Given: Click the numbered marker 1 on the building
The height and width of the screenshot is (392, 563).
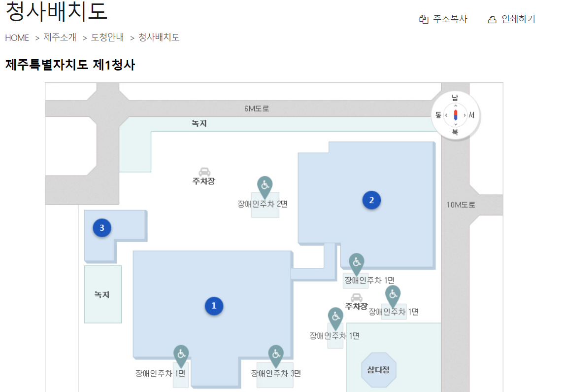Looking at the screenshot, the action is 214,306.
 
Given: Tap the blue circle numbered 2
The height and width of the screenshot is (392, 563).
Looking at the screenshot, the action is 371,200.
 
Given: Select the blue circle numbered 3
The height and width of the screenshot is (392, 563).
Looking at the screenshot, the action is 102,228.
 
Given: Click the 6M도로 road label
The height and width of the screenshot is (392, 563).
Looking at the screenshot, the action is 257,108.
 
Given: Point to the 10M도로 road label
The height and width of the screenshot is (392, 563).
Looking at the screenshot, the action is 461,205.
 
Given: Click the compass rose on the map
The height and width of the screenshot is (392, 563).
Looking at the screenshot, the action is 455,115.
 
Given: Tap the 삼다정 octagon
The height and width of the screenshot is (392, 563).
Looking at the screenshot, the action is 378,369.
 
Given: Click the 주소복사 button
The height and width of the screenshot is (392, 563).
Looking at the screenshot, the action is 443,19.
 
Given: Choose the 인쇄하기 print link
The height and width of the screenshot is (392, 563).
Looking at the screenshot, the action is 511,19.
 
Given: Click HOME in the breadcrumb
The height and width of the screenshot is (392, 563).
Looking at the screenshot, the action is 17,37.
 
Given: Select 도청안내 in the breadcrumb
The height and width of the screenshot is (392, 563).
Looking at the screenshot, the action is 107,37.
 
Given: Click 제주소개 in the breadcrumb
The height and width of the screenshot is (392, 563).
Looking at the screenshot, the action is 60,37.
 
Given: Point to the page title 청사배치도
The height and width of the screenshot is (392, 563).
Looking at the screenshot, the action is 56,12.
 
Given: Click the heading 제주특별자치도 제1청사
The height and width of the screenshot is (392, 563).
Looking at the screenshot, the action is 70,65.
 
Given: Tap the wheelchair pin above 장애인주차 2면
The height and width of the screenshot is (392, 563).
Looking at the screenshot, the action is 265,185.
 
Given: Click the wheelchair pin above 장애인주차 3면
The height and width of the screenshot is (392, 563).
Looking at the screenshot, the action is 276,354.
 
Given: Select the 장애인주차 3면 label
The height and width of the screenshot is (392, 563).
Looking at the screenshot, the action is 276,373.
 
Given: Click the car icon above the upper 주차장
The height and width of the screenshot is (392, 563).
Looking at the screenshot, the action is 204,172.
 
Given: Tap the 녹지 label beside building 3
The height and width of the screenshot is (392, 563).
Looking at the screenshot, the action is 102,295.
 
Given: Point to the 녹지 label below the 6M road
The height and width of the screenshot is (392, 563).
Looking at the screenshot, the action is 199,123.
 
